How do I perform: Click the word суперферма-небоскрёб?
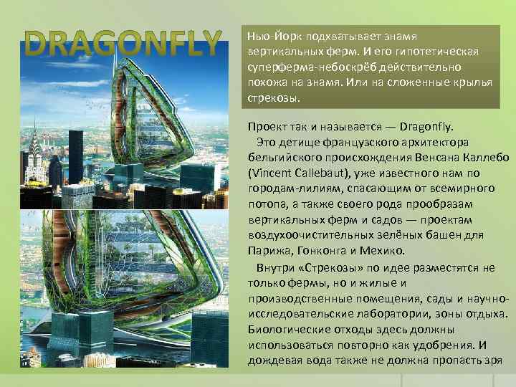[x=305, y=67]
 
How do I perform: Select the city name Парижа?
[x=267, y=252]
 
